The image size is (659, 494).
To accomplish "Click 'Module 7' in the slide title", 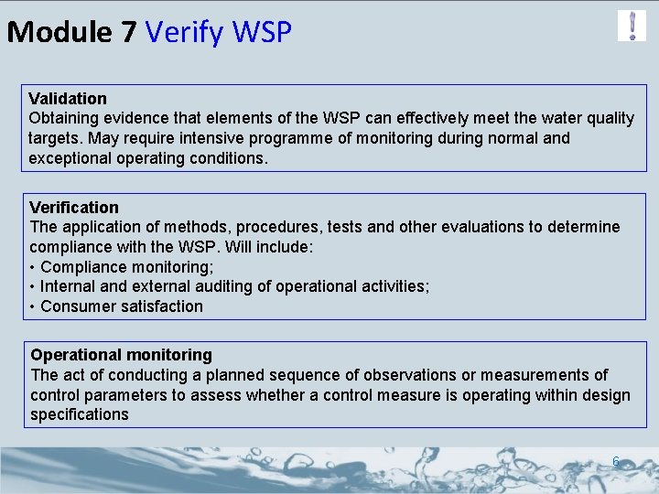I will point(71,33).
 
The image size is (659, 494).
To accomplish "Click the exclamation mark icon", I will point(632,26).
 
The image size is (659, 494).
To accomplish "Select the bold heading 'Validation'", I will point(68,98).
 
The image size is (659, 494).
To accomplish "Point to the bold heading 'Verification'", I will point(74,208).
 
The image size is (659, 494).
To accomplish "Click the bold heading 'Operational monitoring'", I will point(121,354).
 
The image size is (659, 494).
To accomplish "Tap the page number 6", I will point(616,462).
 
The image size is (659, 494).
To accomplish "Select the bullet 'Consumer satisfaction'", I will point(122,306).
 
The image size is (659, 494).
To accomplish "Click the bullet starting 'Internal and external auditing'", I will point(235,286).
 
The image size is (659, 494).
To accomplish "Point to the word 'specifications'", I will point(80,414).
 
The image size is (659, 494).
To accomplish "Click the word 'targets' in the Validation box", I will point(57,138).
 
